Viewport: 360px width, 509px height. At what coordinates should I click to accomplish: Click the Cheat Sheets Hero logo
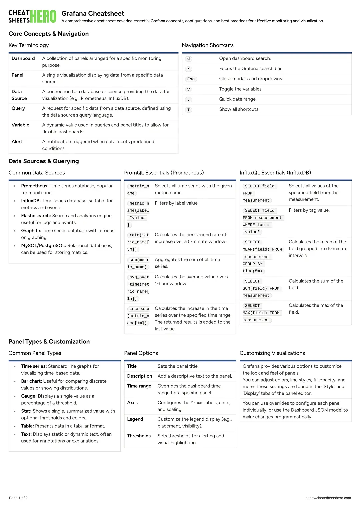pyautogui.click(x=32, y=16)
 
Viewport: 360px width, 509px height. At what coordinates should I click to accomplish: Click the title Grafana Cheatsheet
pyautogui.click(x=93, y=14)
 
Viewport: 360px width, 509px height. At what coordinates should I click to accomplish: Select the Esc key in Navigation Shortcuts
pyautogui.click(x=191, y=79)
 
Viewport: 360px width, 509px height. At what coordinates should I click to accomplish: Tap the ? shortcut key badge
pyautogui.click(x=189, y=110)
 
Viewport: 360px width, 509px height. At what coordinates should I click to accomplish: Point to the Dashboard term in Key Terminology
pyautogui.click(x=23, y=59)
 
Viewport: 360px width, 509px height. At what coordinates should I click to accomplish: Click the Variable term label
pyautogui.click(x=20, y=125)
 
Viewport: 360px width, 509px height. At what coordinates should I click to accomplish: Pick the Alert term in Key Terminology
pyautogui.click(x=17, y=142)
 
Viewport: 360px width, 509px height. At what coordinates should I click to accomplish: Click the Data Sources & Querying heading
pyautogui.click(x=44, y=161)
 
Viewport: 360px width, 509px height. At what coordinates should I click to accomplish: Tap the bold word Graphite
pyautogui.click(x=31, y=231)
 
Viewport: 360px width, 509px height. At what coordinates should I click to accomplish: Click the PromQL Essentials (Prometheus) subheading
pyautogui.click(x=164, y=173)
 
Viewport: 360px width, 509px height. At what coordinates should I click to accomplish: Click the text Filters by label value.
pyautogui.click(x=177, y=203)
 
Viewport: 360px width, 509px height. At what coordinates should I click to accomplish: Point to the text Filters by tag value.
pyautogui.click(x=309, y=210)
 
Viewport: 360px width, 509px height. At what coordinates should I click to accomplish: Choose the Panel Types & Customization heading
pyautogui.click(x=49, y=342)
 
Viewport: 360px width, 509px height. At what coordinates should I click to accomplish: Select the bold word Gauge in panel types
pyautogui.click(x=29, y=396)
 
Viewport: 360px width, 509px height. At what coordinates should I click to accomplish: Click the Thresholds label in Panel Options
pyautogui.click(x=139, y=436)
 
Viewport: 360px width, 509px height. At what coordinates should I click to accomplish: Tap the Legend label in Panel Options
pyautogui.click(x=135, y=419)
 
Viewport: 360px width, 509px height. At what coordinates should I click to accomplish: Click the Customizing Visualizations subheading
pyautogui.click(x=272, y=353)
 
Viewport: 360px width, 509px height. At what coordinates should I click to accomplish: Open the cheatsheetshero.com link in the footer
pyautogui.click(x=328, y=498)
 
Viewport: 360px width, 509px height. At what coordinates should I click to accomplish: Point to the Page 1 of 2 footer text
pyautogui.click(x=18, y=498)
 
